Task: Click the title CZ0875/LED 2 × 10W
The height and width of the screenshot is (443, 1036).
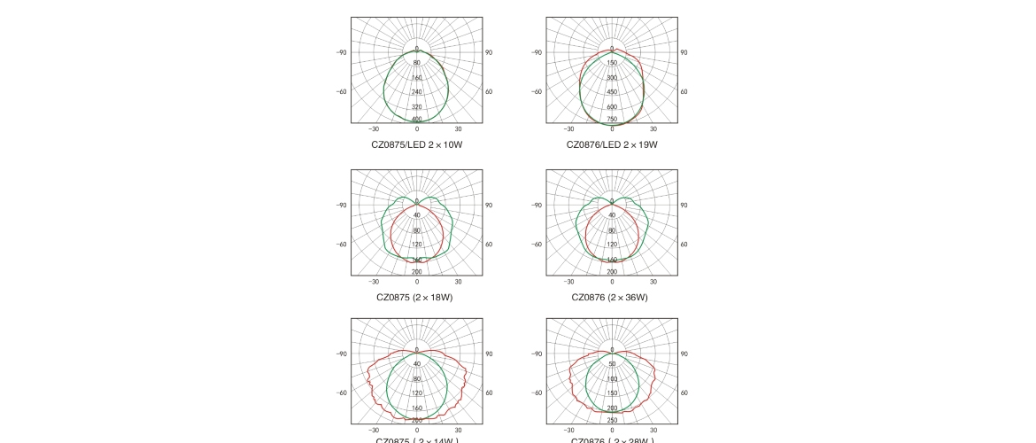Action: pos(416,144)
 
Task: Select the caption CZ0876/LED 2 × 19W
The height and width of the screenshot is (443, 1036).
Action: pos(612,144)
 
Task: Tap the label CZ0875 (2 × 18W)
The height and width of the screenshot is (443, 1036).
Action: pos(414,298)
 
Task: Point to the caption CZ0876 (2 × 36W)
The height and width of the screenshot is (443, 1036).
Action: pos(609,298)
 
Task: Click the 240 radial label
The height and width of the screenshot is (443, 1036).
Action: pos(417,92)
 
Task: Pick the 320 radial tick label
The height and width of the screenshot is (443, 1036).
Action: pos(417,106)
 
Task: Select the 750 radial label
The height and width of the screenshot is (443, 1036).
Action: pos(612,120)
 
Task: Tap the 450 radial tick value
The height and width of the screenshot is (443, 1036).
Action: pos(612,92)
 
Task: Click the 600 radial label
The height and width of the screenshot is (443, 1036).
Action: pos(612,106)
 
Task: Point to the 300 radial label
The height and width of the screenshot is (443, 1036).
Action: pos(612,78)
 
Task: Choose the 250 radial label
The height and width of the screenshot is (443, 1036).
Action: pos(612,421)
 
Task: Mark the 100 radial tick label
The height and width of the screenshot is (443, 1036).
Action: pos(612,378)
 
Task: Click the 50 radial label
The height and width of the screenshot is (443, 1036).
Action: pos(612,364)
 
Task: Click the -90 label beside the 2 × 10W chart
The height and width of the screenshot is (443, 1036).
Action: pos(341,52)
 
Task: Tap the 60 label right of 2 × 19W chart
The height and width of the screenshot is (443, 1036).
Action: pos(684,91)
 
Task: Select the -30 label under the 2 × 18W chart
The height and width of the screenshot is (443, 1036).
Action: pos(374,282)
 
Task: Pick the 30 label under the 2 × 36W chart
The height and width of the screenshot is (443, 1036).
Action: pos(653,282)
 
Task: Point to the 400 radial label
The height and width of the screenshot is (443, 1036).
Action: pos(417,120)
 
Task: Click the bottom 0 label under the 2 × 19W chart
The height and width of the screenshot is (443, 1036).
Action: pos(612,129)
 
